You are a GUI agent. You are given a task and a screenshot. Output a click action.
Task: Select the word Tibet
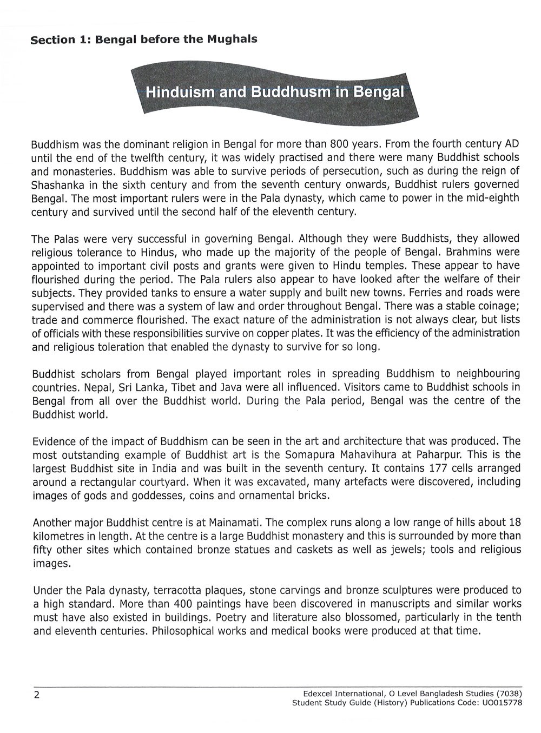point(174,387)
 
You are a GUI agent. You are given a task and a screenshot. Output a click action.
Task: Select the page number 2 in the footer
point(36,696)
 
